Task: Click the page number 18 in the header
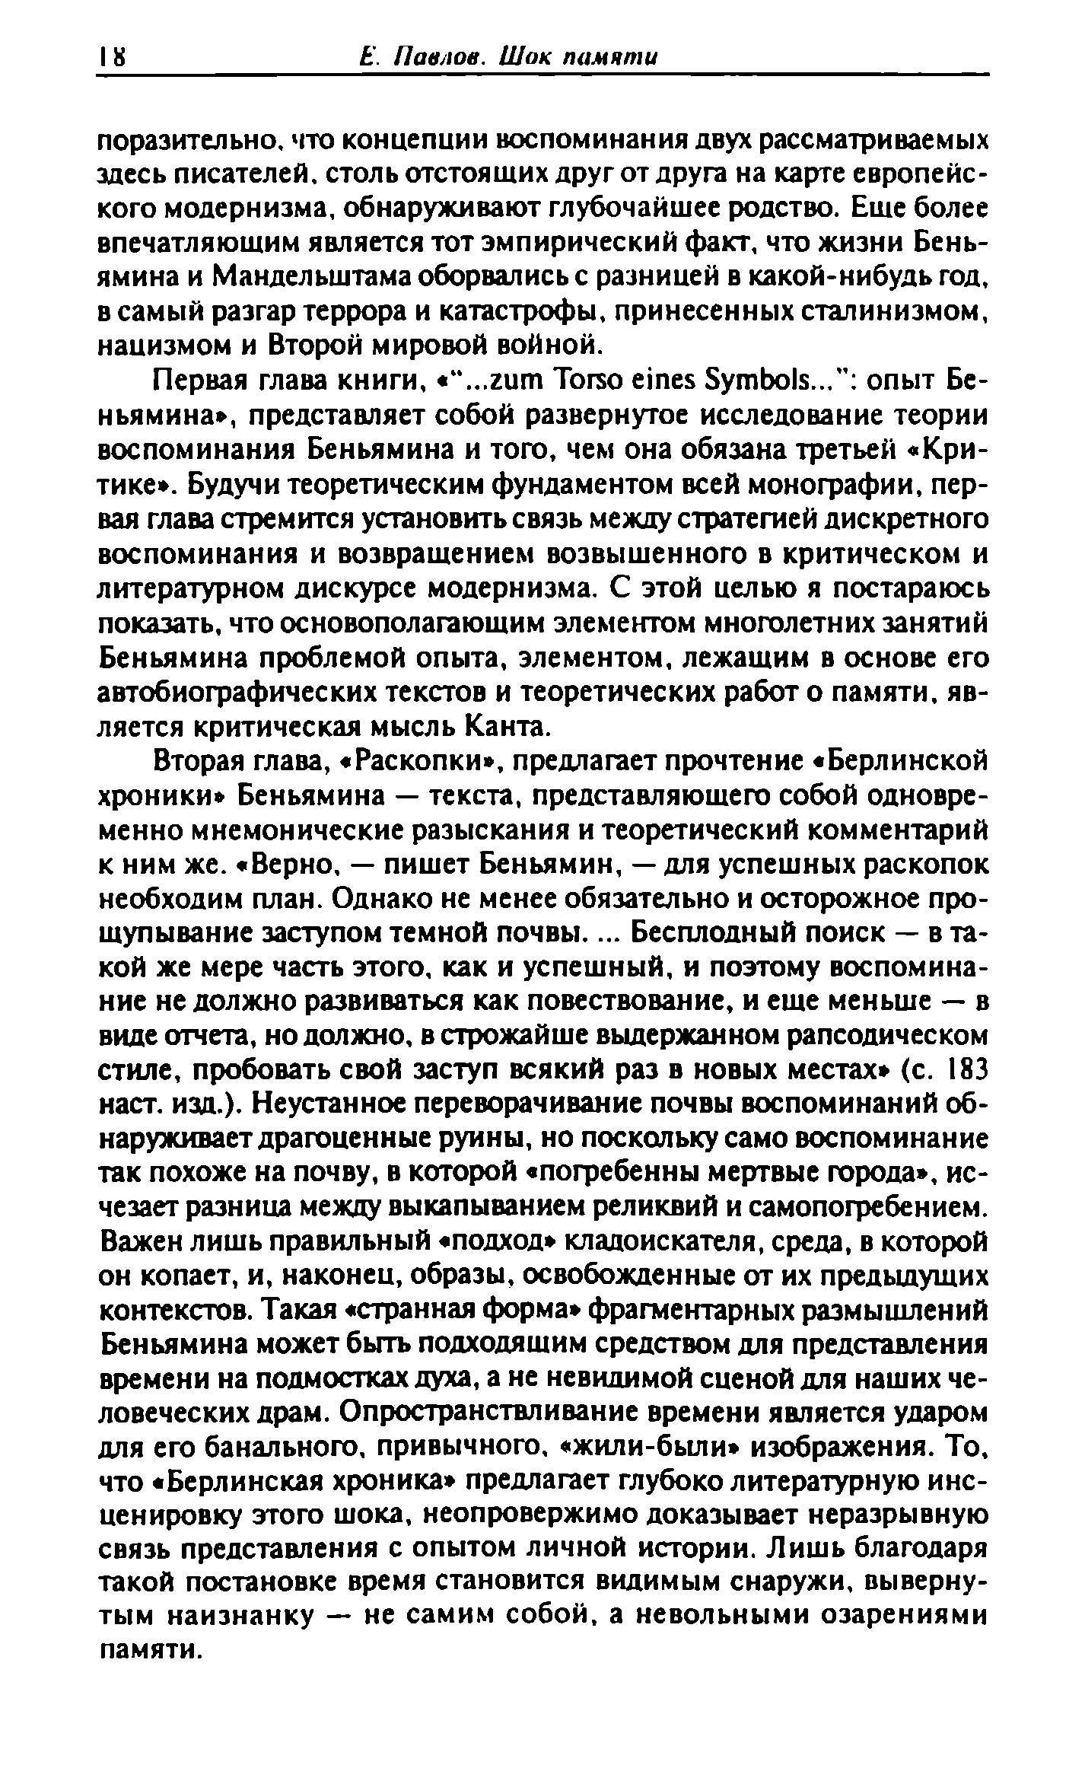tap(112, 57)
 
